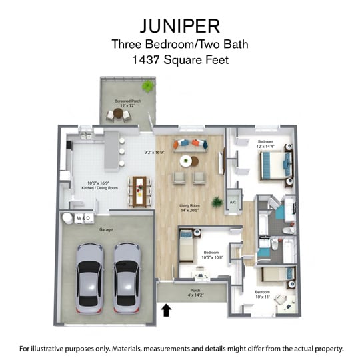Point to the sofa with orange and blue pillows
pyautogui.click(x=191, y=144)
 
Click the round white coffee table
pyautogui.click(x=186, y=161)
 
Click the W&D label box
pyautogui.click(x=84, y=218)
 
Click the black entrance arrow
pyautogui.click(x=166, y=309)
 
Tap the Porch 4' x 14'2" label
pyautogui.click(x=195, y=292)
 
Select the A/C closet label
pyautogui.click(x=233, y=202)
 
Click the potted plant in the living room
pyautogui.click(x=217, y=201)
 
